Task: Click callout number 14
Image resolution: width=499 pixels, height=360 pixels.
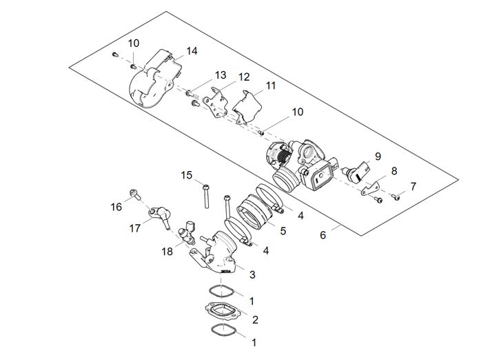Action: pyautogui.click(x=192, y=52)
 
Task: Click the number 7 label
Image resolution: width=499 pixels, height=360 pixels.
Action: pyautogui.click(x=413, y=186)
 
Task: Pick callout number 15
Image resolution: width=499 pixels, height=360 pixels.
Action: pyautogui.click(x=187, y=175)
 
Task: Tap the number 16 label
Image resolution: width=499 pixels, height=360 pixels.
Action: pyautogui.click(x=116, y=206)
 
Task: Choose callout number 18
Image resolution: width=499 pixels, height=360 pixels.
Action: pyautogui.click(x=167, y=252)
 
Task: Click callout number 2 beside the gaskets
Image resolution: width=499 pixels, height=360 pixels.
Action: pyautogui.click(x=255, y=319)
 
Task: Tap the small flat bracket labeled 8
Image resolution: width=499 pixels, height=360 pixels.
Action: pyautogui.click(x=371, y=187)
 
